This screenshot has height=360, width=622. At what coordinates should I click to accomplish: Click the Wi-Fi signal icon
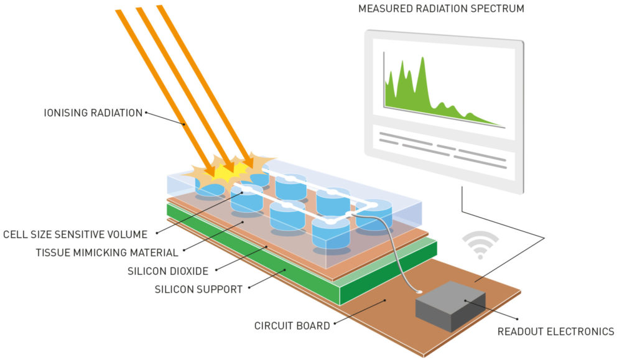tap(480, 246)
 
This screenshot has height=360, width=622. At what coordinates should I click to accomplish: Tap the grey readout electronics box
tap(450, 305)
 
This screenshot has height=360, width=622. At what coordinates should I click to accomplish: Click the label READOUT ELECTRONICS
tap(555, 331)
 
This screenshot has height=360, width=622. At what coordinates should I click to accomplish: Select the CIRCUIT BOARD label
tap(292, 325)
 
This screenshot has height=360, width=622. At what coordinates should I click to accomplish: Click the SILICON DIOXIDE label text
tap(169, 271)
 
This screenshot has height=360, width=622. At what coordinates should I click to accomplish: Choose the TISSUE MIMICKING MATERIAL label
tap(107, 252)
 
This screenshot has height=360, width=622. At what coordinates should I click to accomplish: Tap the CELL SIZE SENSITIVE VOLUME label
tap(75, 234)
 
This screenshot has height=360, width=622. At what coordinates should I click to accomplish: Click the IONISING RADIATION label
tap(93, 113)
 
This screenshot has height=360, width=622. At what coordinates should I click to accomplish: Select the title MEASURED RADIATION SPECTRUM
tap(441, 9)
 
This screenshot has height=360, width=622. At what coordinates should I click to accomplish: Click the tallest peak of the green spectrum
tap(422, 61)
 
